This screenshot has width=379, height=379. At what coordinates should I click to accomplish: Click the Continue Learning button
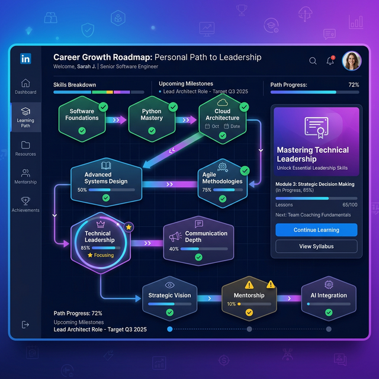[x=316, y=230]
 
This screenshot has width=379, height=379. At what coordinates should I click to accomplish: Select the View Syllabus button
[x=316, y=246]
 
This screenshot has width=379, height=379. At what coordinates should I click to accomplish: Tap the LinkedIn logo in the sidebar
[x=25, y=59]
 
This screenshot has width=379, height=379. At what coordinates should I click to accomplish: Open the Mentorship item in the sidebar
[x=25, y=176]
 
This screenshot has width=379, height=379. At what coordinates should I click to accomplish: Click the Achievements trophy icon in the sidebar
[x=25, y=201]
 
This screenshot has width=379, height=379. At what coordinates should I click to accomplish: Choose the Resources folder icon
[x=25, y=145]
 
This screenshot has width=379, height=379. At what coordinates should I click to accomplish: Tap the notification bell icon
[x=330, y=60]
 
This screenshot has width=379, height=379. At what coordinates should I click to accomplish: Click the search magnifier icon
[x=313, y=60]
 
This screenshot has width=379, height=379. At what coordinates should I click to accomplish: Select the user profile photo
[x=352, y=60]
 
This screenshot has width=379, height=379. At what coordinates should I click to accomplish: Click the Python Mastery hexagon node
[x=152, y=119]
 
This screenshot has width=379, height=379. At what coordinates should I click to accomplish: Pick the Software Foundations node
[x=82, y=119]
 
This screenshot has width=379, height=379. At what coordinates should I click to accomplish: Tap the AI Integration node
[x=329, y=298]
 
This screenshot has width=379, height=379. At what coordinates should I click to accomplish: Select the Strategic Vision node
[x=170, y=298]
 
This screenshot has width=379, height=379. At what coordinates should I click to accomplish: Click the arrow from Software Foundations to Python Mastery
[x=116, y=120]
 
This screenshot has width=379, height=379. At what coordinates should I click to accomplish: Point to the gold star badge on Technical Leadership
[x=129, y=227]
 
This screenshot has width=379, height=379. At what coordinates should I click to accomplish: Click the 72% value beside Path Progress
[x=354, y=85]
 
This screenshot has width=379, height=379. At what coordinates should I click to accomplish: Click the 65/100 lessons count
[x=350, y=205]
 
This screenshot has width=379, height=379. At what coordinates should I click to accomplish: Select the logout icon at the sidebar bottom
[x=25, y=325]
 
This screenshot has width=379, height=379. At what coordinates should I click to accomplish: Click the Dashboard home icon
[x=25, y=83]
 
